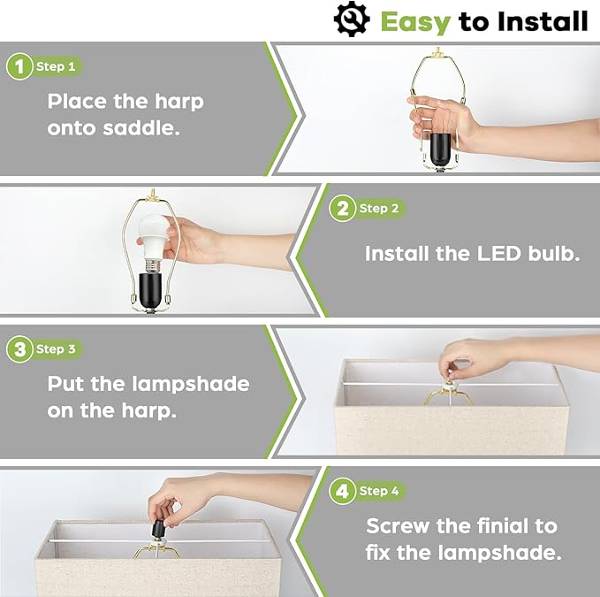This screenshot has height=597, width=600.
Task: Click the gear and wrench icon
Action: [352, 19]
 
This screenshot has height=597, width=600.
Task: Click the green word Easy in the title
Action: [415, 22]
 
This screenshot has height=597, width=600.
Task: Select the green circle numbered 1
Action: [19, 66]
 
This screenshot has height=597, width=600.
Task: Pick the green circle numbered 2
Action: [342, 209]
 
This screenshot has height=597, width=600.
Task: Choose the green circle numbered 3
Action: [19, 349]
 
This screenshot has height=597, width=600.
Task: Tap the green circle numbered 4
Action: [342, 492]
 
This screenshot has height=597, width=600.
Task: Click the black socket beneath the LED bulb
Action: [150, 290]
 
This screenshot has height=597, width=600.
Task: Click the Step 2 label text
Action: [379, 209]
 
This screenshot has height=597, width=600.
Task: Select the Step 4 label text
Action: [379, 491]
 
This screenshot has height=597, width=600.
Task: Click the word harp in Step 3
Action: [148, 411]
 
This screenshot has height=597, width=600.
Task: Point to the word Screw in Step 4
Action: [398, 525]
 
